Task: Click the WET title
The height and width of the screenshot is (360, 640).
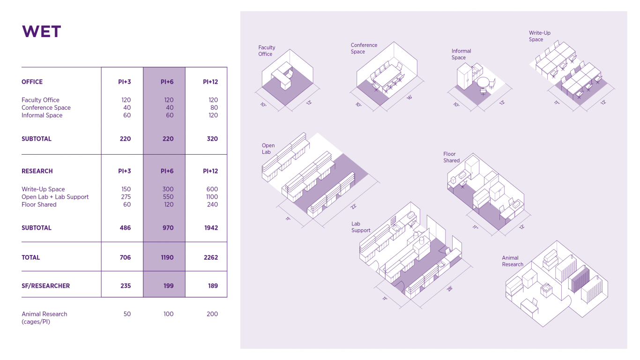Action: (x=41, y=31)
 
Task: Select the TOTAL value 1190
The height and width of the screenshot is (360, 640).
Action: (x=167, y=257)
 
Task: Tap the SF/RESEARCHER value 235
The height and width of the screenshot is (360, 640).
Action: (x=126, y=285)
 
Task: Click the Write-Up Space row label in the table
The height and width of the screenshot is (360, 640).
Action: (x=43, y=189)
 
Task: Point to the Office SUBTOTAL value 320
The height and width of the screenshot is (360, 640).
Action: (x=212, y=139)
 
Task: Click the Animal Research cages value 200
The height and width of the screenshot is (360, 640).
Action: (x=212, y=314)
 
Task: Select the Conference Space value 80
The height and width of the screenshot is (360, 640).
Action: (x=214, y=108)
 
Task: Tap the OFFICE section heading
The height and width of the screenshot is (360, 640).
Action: (x=32, y=82)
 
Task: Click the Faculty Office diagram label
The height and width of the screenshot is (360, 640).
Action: (x=267, y=51)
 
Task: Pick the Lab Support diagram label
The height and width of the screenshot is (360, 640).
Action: (x=361, y=227)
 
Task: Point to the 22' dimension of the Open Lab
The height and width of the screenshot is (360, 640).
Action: (x=353, y=206)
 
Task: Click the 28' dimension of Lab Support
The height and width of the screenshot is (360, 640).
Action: (x=450, y=289)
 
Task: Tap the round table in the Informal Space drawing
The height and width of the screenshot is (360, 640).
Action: (x=483, y=82)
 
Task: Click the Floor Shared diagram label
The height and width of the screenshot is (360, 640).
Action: (x=451, y=157)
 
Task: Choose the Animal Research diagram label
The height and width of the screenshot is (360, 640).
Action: (x=512, y=261)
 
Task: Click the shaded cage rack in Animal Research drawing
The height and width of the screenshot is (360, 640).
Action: (x=579, y=279)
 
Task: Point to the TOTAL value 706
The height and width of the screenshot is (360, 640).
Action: (x=125, y=257)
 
